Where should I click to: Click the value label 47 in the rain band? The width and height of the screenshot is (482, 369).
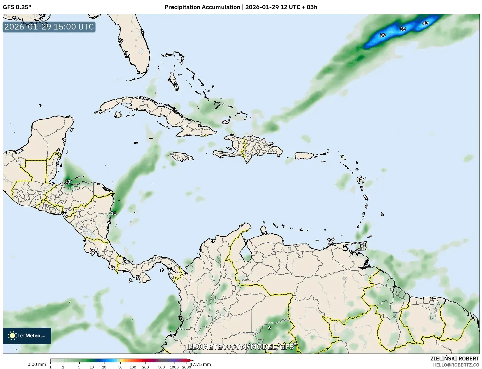pos(425,23)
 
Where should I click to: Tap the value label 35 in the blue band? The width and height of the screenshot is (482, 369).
pos(403,29)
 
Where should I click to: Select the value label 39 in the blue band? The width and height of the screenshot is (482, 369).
pos(383,35)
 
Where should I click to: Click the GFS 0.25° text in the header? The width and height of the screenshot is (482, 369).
pos(17,7)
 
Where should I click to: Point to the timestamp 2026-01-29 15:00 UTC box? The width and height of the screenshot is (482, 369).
pos(49,27)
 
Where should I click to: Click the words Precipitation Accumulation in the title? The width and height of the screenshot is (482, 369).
pos(202,7)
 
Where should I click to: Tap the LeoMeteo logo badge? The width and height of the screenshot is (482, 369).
pos(27,336)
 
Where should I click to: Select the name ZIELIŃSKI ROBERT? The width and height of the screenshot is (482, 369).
pos(455,359)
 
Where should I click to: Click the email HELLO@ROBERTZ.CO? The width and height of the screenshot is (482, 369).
pos(456,365)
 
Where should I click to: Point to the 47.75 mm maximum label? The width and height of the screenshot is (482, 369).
pos(200,364)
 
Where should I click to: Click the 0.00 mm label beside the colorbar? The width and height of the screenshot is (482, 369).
pos(37,364)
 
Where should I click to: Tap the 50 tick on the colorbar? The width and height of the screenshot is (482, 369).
pos(120,367)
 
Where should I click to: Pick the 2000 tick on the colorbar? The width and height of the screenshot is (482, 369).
pos(187,367)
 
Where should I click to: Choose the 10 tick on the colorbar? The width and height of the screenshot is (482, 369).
pos(91,367)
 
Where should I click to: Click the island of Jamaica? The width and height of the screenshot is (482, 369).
pos(181,157)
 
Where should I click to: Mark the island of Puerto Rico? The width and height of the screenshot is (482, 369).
pos(304,156)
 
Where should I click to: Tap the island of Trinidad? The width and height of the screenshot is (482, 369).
pos(363,246)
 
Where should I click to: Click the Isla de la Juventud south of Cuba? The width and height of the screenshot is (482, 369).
pos(118,114)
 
